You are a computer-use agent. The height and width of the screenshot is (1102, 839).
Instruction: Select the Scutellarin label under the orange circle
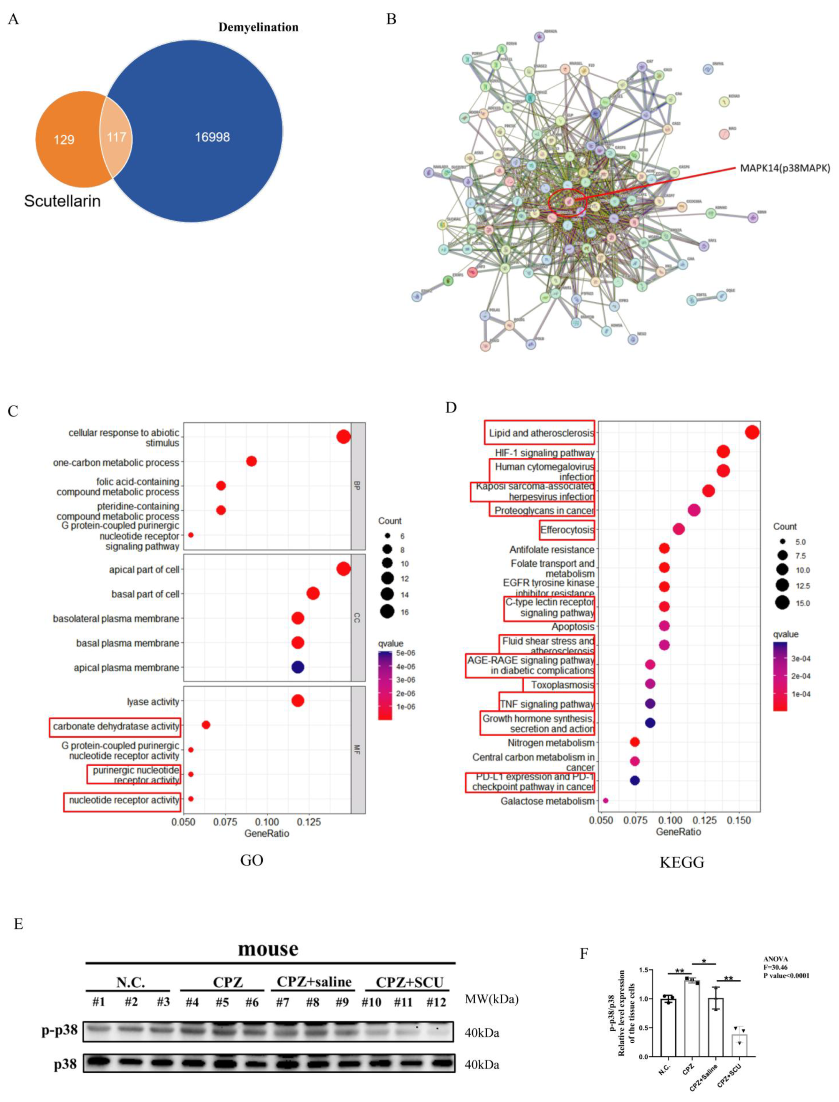(63, 201)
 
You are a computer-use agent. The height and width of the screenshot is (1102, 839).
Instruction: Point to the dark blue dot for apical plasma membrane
(298, 667)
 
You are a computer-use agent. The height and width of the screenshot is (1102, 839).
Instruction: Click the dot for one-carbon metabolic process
(252, 461)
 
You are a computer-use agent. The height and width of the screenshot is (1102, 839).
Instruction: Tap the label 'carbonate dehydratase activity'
(116, 726)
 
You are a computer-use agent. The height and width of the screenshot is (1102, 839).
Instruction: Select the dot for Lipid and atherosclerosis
(752, 432)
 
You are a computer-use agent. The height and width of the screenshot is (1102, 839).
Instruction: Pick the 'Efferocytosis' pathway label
(567, 530)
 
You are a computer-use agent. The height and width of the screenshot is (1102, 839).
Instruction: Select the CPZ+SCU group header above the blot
(409, 982)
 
